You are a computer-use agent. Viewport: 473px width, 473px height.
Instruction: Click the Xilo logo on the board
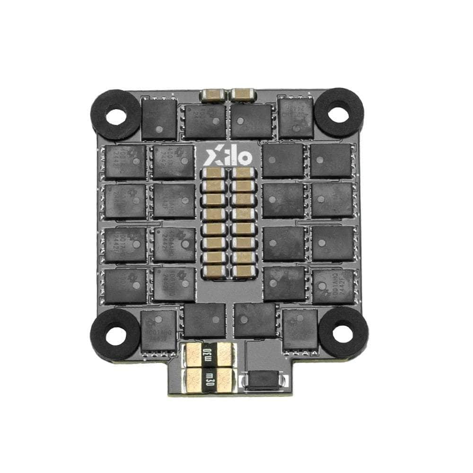click(231, 154)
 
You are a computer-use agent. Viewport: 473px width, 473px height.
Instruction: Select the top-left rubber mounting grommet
click(115, 114)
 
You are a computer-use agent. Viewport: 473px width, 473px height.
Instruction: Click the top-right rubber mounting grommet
click(339, 113)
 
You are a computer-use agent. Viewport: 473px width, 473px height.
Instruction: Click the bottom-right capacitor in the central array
click(244, 271)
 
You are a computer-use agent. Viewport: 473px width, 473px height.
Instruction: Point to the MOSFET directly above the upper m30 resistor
click(204, 320)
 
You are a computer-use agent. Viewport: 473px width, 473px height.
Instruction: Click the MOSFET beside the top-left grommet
click(159, 119)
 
